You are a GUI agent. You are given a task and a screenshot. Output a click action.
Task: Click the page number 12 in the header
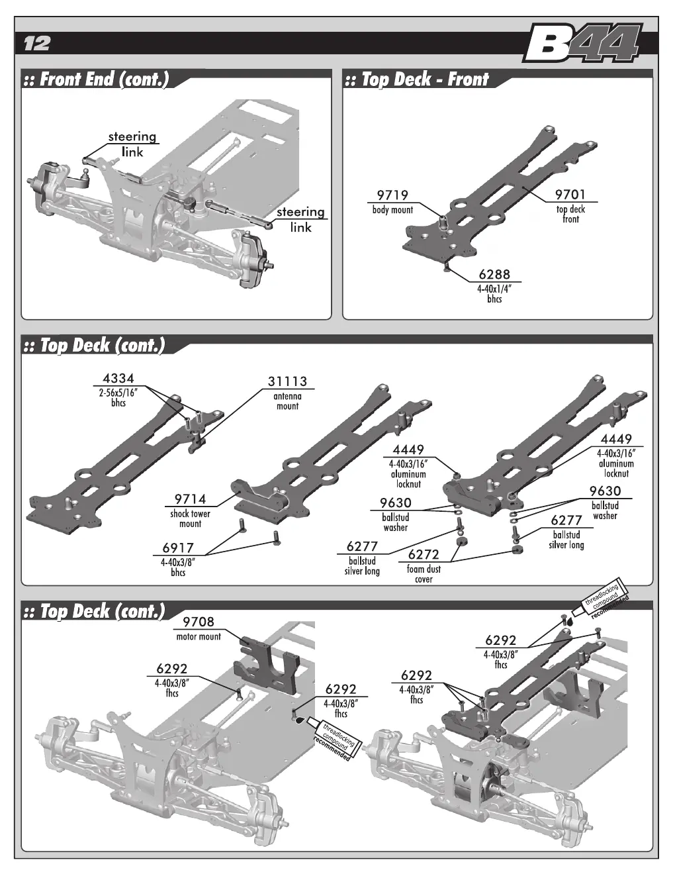[x=37, y=44]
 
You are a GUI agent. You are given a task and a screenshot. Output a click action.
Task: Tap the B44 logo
[x=582, y=44]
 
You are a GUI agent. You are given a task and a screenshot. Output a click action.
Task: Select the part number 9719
[x=392, y=195]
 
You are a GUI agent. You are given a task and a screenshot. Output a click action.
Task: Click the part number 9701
[x=570, y=195]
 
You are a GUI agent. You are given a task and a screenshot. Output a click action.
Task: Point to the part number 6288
[x=494, y=274]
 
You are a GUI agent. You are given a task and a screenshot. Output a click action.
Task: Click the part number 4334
[x=118, y=379]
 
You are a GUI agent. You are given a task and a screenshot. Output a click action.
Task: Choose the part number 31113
[x=287, y=381]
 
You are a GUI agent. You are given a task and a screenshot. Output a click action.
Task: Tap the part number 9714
[x=190, y=499]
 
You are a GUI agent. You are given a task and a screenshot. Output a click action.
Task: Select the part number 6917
[x=178, y=548]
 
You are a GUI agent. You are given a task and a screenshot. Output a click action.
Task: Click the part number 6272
[x=424, y=555]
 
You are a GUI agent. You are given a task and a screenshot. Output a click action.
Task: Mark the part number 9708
[x=198, y=622]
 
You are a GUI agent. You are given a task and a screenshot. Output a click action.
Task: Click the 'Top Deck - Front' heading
[x=426, y=79]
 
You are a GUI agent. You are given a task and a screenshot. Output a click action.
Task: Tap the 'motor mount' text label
[x=199, y=637]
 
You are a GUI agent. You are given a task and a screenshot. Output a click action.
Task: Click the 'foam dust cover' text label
[x=424, y=574]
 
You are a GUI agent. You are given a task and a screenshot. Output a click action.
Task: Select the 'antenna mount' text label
[x=287, y=401]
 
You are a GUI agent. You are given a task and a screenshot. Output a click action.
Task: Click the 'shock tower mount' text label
[x=190, y=519]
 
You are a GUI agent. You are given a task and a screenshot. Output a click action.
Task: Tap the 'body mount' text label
[x=392, y=210]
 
